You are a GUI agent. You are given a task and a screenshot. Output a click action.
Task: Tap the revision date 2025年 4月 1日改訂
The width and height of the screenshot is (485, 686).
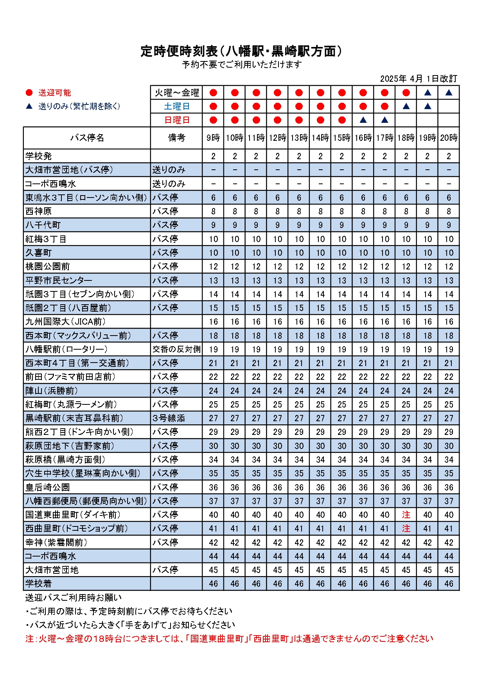click(419, 79)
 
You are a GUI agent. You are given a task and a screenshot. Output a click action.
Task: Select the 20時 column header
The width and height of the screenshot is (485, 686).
click(449, 138)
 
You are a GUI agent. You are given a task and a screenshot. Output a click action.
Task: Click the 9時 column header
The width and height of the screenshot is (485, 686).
click(213, 138)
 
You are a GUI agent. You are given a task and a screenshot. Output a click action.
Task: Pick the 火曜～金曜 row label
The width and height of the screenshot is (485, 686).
click(177, 93)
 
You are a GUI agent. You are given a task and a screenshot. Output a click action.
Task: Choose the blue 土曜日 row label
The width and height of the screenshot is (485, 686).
click(177, 106)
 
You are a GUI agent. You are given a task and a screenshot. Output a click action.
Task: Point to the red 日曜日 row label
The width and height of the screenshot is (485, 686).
click(177, 120)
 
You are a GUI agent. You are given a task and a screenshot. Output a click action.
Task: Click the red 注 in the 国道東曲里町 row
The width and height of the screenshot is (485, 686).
click(406, 515)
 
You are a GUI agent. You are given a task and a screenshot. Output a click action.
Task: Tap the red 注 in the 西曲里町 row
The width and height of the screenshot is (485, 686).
click(406, 528)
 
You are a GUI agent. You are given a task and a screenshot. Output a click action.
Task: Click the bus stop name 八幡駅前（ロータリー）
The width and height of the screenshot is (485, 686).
click(66, 349)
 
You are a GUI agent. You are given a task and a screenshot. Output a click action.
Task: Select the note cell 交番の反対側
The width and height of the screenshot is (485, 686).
click(176, 349)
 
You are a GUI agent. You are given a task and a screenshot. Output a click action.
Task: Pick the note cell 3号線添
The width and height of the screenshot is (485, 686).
click(169, 418)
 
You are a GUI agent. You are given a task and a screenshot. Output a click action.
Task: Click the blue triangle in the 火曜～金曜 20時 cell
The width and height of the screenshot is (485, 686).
click(449, 93)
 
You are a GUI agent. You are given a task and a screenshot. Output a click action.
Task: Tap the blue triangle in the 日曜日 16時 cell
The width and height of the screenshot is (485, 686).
click(363, 120)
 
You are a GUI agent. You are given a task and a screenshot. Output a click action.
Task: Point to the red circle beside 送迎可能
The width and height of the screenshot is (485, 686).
click(29, 93)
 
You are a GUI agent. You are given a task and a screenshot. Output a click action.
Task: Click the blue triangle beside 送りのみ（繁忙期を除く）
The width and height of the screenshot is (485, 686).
click(29, 106)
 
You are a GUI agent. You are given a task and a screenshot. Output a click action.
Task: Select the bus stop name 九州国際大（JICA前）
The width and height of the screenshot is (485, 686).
click(65, 321)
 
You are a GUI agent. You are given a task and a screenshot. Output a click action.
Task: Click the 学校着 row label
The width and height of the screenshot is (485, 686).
click(39, 584)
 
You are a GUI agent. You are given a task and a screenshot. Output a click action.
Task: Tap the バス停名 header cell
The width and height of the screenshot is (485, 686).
click(87, 138)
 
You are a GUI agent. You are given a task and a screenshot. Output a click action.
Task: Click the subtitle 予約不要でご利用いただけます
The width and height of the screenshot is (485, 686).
click(242, 65)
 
